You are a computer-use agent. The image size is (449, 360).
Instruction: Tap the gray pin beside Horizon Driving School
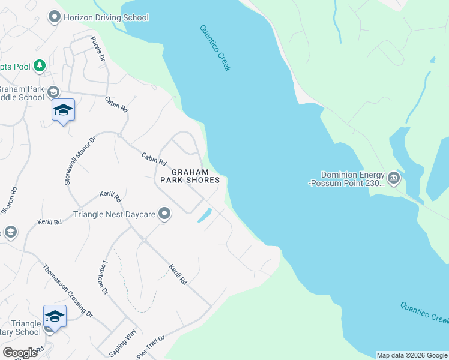click(x=55, y=17)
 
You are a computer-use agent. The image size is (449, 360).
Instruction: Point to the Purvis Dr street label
click(x=97, y=49)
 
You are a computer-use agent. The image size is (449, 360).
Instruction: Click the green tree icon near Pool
click(x=40, y=65)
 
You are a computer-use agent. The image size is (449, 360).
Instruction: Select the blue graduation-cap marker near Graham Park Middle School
click(x=63, y=110)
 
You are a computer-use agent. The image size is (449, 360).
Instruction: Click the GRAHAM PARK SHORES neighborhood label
click(x=189, y=175)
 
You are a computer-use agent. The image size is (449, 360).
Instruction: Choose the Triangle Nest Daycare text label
click(x=114, y=214)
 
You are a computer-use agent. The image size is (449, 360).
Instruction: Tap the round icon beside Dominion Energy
click(x=394, y=177)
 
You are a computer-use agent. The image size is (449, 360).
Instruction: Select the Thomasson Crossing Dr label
click(x=68, y=290)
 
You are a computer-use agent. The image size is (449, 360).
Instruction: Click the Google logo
click(x=20, y=353)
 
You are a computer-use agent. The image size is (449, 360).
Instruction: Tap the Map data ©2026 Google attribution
click(x=412, y=355)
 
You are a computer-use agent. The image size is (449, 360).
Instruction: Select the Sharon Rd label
click(x=8, y=201)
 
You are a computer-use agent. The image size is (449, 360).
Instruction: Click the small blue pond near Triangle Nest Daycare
click(x=204, y=215)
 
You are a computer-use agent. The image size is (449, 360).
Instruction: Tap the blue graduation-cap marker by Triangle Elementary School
click(x=55, y=316)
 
